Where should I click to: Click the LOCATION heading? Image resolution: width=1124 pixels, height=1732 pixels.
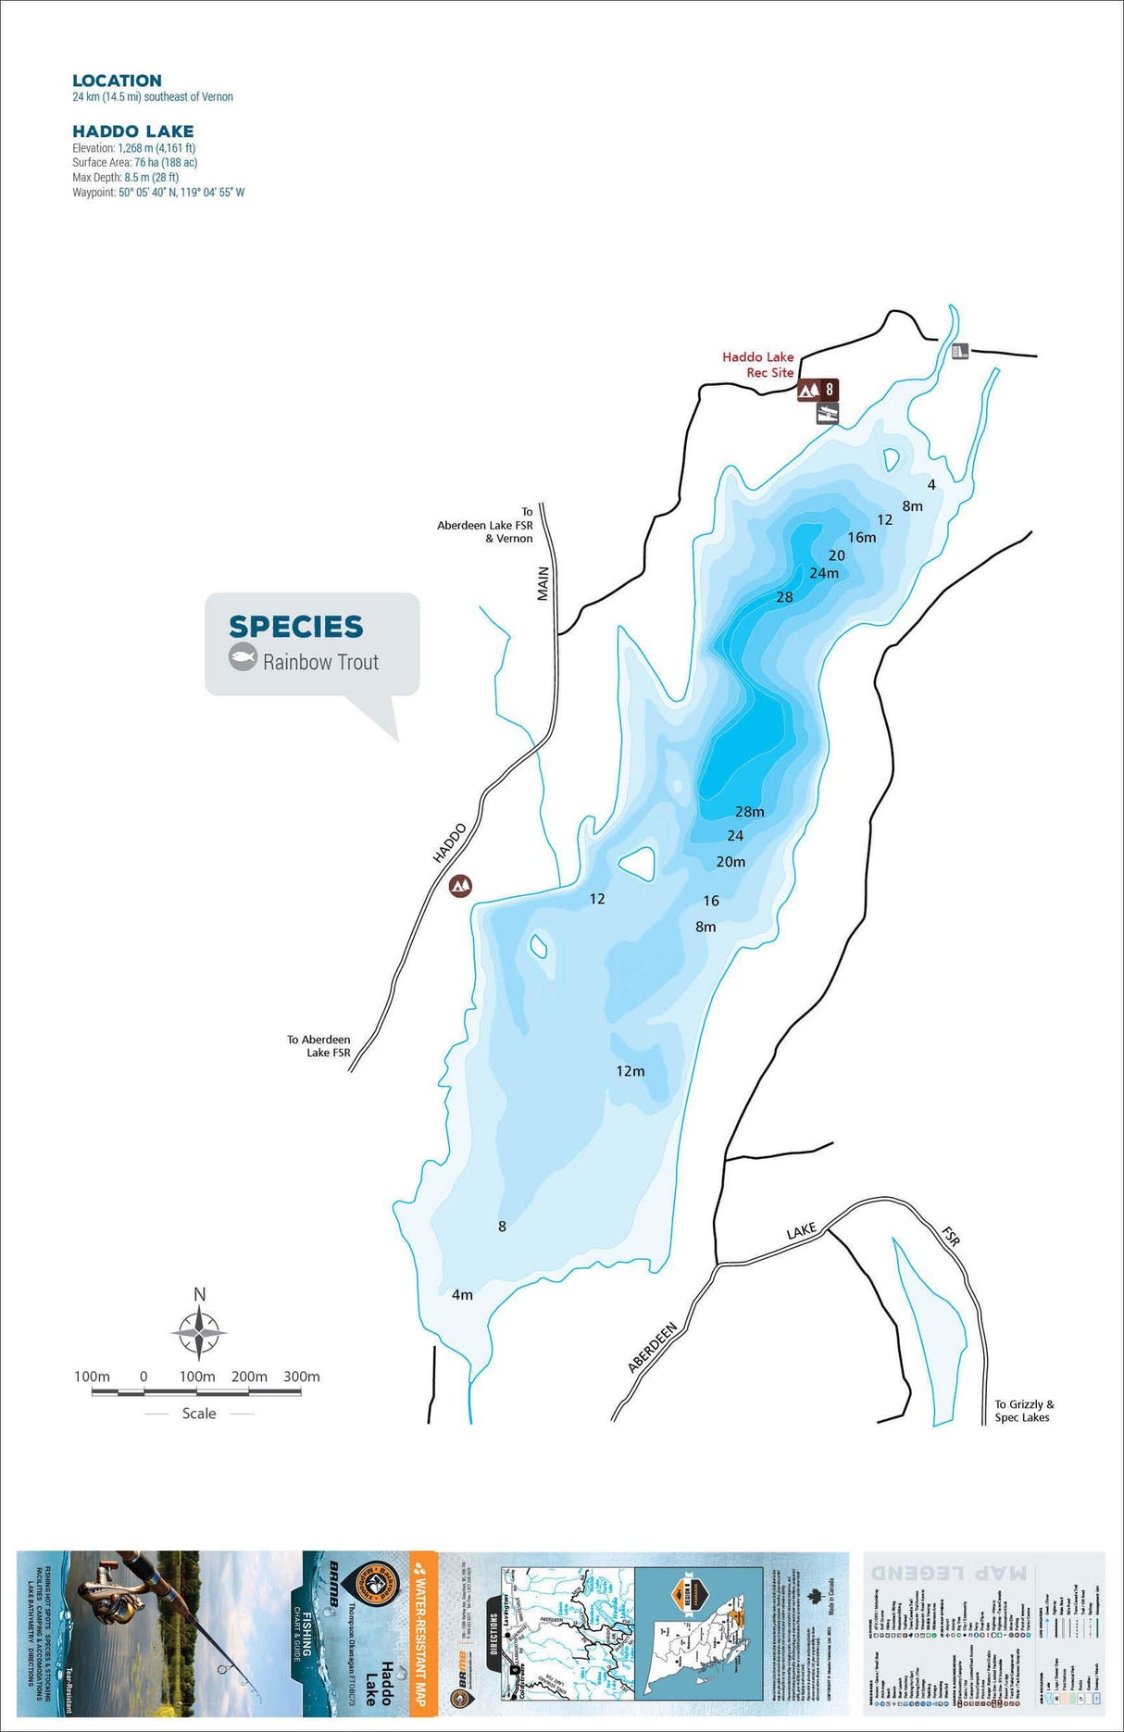pos(117,81)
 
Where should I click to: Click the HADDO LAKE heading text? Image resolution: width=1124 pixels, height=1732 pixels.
pos(133,131)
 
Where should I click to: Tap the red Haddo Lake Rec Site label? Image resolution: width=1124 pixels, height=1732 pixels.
pos(758,364)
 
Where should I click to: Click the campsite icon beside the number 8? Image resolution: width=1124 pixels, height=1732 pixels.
pos(808,390)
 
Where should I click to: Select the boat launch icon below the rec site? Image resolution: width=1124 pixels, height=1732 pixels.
pos(827,414)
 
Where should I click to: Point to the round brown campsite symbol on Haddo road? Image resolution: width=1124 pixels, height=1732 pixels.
pos(460,886)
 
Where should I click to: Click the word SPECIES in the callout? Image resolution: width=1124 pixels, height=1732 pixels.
pos(296,627)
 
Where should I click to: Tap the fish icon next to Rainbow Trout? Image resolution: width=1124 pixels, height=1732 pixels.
pos(243,658)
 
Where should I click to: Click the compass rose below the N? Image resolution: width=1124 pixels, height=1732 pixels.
pos(199,1334)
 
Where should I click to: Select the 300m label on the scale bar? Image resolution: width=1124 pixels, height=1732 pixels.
pos(301,1377)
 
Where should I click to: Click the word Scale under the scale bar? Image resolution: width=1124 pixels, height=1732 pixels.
pos(199,1413)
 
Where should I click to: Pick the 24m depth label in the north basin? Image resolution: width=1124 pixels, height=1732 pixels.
pos(824,573)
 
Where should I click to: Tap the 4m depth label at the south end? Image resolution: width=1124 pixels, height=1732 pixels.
pos(462,1294)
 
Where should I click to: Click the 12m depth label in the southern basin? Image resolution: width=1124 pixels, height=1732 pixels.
pos(631,1071)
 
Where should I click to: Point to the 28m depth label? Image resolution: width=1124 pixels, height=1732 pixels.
pos(749,812)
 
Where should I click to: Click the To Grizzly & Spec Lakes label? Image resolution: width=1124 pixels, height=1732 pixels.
pos(1023,1411)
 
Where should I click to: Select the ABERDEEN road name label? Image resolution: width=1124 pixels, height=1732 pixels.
pos(653,1347)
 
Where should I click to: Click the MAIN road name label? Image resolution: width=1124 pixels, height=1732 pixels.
pos(543,583)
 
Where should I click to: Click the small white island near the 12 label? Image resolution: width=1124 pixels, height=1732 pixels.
pos(637,864)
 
